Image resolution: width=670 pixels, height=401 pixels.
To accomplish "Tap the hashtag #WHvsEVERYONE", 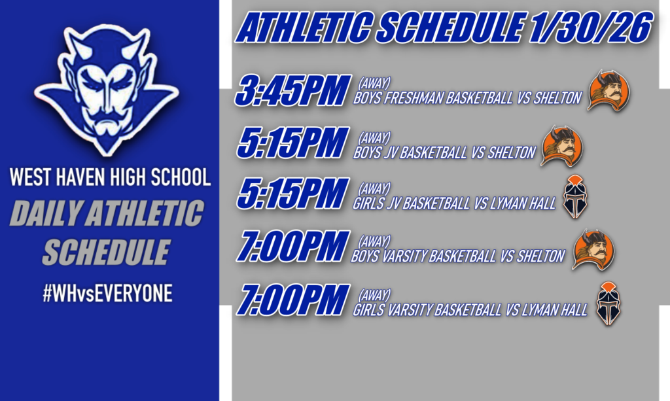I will [x=107, y=294].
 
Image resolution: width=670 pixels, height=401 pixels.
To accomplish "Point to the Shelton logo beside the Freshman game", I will [x=608, y=90].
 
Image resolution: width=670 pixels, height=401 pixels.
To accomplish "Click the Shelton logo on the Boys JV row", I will [x=561, y=146].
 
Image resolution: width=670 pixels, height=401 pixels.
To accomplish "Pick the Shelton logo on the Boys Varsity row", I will [x=593, y=249].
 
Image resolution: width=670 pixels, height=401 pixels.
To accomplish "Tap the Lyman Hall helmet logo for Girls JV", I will [x=576, y=197].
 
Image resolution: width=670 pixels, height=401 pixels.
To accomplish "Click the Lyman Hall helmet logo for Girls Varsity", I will [x=608, y=304].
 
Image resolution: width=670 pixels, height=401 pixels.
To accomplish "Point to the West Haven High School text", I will [x=109, y=177].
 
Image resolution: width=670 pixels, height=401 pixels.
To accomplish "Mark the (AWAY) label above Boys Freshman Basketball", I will [x=374, y=83].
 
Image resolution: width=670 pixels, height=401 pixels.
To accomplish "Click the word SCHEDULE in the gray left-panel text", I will [x=106, y=253].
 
